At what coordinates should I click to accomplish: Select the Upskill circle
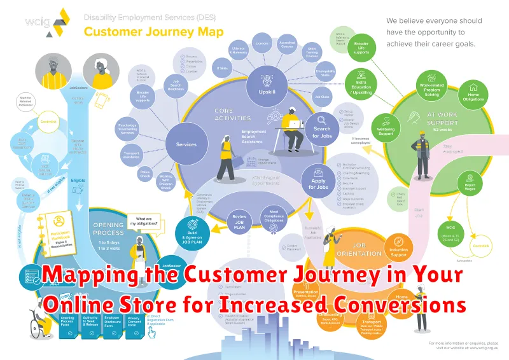267,83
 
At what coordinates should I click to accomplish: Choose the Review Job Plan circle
240,219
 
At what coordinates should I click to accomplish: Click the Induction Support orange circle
398,247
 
